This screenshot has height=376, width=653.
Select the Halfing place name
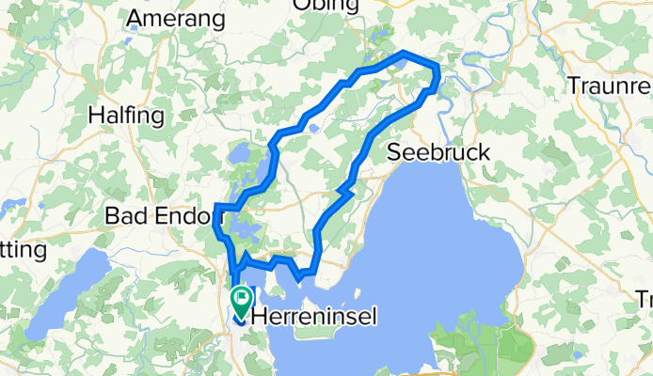125,115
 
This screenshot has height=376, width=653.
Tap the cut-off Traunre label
610,85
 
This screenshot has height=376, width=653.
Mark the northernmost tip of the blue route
404,52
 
